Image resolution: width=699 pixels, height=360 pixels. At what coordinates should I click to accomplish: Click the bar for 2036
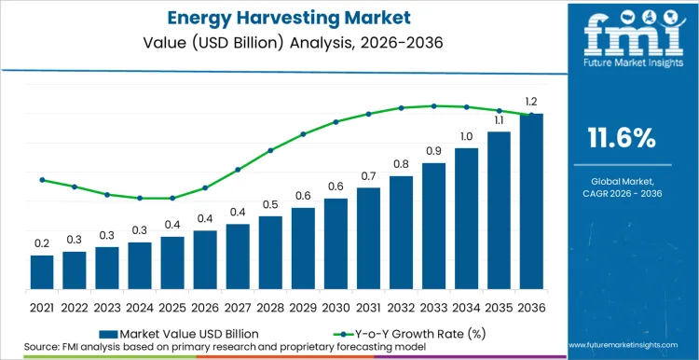530,201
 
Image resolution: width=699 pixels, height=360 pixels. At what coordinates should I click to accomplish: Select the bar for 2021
42,271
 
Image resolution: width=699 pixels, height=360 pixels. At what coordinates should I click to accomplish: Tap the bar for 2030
336,242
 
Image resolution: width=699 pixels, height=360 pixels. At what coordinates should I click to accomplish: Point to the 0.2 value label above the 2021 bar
42,243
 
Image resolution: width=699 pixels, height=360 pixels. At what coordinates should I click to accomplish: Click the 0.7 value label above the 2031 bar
368,176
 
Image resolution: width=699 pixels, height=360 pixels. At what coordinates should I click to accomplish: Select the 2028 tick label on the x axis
270,307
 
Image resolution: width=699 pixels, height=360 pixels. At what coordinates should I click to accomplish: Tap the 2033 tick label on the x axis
432,307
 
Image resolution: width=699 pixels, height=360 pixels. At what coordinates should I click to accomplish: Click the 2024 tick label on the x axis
140,307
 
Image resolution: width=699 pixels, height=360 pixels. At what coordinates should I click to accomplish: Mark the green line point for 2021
42,180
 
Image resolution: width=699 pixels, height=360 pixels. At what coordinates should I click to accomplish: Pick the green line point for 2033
433,105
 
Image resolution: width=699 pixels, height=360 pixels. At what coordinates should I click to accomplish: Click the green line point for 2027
238,170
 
